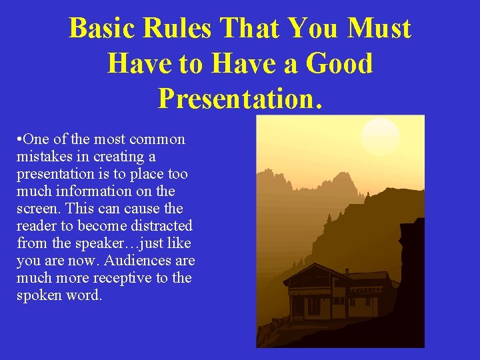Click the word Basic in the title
tap(101, 29)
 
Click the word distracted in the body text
tap(157, 226)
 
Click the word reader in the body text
tap(37, 226)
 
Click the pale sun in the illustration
tap(380, 137)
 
